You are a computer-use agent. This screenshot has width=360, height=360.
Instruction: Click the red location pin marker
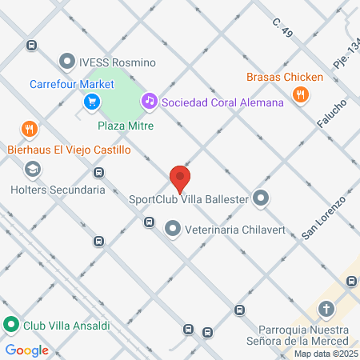pos(180,178)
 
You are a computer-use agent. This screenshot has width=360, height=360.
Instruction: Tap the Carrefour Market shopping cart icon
pos(91,102)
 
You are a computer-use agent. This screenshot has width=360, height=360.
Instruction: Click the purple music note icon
pos(148,101)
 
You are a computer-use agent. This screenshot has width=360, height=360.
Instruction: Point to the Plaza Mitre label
pos(126,126)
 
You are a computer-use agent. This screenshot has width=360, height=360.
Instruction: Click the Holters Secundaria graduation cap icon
pos(32,170)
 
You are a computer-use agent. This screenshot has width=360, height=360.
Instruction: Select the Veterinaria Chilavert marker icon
pos(172,230)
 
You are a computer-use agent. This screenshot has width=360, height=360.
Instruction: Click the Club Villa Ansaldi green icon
pos(11,326)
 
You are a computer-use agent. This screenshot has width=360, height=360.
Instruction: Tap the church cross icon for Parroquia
pos(326,309)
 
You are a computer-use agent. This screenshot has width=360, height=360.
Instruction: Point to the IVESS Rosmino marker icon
pos(67,62)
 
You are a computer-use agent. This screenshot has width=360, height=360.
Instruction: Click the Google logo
pos(26,350)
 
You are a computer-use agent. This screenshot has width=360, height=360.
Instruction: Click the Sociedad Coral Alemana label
pos(222,102)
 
